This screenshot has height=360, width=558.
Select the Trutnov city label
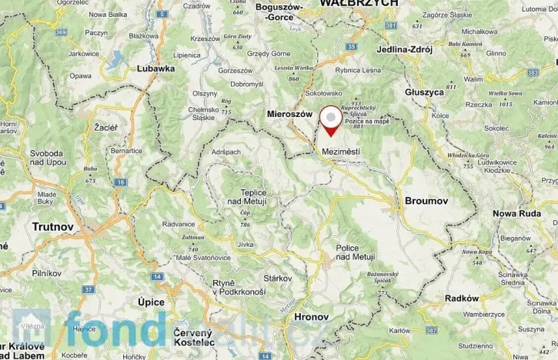(53, 227)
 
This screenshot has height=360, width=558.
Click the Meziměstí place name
(340, 152)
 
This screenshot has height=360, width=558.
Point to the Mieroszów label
(289, 113)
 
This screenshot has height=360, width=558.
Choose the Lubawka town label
(155, 68)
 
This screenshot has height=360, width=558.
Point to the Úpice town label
(150, 302)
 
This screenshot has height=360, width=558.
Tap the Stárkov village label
(278, 278)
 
